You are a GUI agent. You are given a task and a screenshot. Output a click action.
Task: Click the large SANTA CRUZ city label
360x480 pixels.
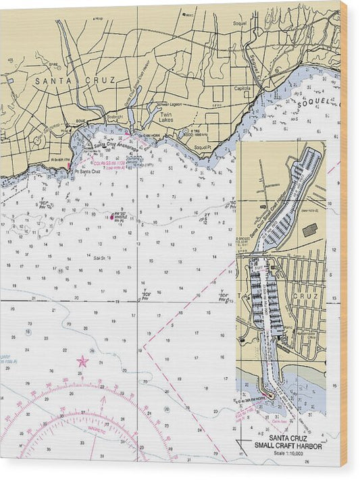coord(75,80)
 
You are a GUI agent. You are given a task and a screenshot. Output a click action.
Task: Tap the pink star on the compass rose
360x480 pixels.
coord(82,361)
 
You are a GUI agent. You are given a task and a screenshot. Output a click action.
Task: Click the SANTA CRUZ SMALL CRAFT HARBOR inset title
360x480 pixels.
coord(287,442)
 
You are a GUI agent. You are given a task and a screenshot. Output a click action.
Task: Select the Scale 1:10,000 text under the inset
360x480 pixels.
coord(287,452)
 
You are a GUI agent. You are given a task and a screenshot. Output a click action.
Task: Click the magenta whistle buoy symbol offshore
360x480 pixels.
coord(114,217)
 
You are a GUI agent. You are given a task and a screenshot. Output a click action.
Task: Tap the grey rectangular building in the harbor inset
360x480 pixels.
coord(310,230)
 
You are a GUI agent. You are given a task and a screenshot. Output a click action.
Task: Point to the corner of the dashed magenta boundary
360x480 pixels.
coord(144,346)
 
